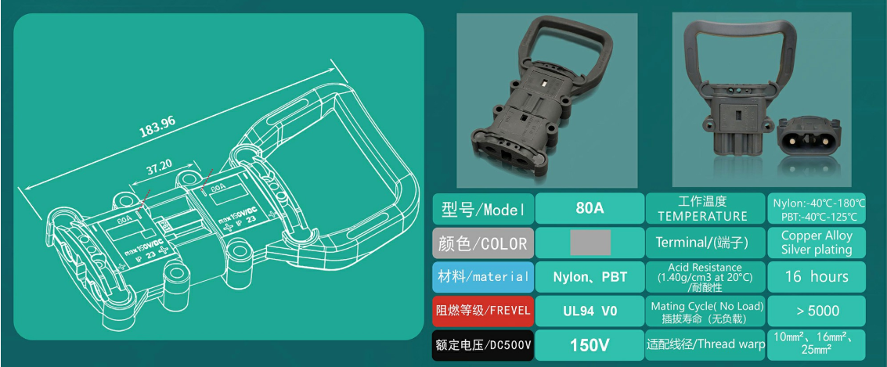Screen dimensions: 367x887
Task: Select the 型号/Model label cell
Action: click(x=483, y=209)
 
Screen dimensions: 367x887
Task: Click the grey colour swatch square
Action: click(x=590, y=243)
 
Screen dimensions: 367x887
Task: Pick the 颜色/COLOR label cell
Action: click(x=483, y=243)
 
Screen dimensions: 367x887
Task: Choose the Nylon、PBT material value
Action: click(x=590, y=277)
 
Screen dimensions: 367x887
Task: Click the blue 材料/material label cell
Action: click(x=483, y=277)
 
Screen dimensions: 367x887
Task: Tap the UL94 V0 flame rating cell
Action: click(x=590, y=311)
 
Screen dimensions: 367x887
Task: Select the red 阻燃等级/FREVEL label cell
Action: click(x=483, y=311)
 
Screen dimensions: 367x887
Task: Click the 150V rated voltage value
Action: click(x=590, y=345)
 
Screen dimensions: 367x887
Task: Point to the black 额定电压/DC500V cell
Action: click(x=483, y=345)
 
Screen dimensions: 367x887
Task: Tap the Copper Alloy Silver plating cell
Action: click(x=817, y=243)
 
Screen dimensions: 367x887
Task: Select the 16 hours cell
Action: click(x=817, y=277)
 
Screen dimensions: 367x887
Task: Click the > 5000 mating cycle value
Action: click(x=817, y=311)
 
